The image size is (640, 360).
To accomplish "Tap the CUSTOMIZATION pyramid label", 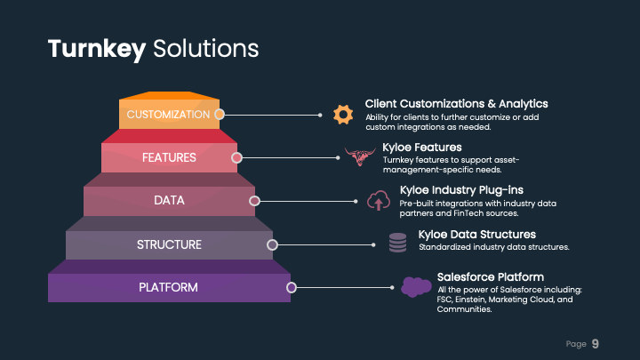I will click(x=169, y=115).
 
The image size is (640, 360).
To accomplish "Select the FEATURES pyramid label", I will click(x=169, y=157).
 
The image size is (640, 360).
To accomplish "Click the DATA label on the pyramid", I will click(x=169, y=201).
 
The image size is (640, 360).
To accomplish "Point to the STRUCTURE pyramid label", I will click(x=169, y=244).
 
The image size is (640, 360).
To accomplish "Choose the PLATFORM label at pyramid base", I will click(x=169, y=287).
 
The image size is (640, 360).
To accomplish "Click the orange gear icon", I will click(x=342, y=114).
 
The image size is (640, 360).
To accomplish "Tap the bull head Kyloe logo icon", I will click(x=361, y=157).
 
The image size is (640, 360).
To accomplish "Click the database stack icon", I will click(x=397, y=242).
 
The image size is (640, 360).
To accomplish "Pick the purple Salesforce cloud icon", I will click(x=415, y=286).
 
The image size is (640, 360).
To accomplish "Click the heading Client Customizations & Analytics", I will click(x=456, y=104).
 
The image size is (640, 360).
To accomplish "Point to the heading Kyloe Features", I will click(x=422, y=148).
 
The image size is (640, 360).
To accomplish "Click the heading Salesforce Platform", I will click(x=491, y=276).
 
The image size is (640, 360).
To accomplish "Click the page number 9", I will click(x=596, y=343).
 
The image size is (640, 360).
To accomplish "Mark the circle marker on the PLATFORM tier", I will click(x=291, y=287).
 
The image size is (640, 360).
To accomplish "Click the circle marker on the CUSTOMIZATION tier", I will click(x=219, y=114).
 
